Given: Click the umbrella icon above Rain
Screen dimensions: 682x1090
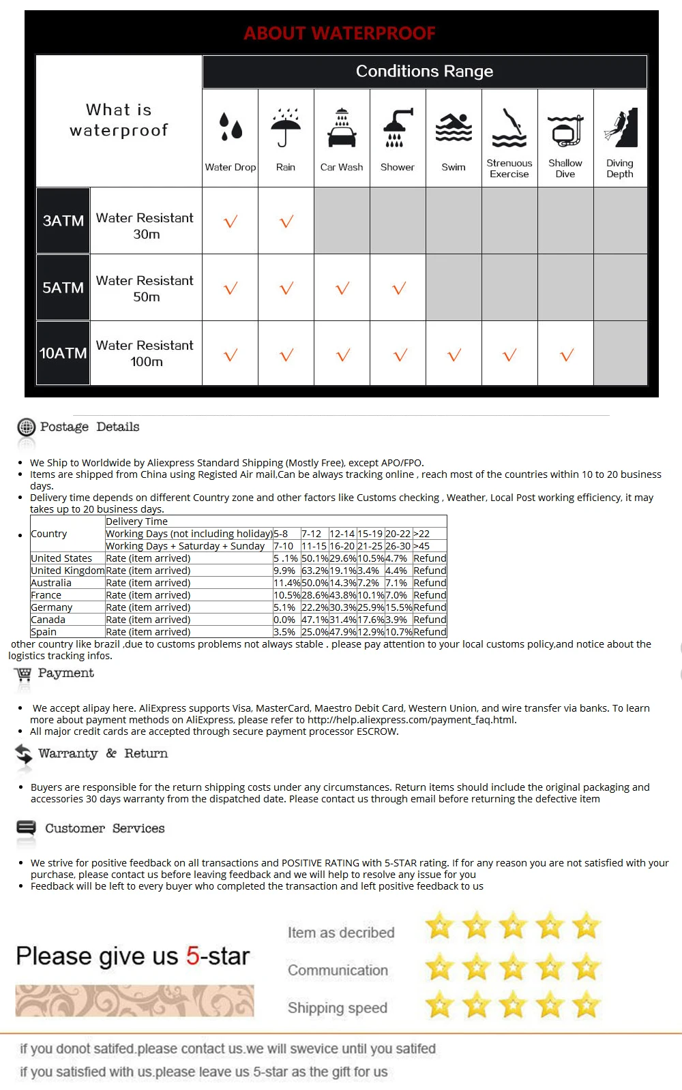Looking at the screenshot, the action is coord(286,127).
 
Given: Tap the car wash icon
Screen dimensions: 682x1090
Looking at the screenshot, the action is coord(342,127).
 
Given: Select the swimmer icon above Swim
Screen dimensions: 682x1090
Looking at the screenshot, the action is coord(454,127).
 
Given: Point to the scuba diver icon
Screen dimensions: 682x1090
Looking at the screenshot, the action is coord(621,127).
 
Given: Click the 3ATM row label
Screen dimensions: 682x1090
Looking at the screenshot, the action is coord(63,220).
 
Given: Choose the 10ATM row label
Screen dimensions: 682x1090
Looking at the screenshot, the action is coord(63,353).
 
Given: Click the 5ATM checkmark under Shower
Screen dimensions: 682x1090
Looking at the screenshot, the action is coord(399,288).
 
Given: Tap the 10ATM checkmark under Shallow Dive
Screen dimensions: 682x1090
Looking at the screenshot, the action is coord(567,354).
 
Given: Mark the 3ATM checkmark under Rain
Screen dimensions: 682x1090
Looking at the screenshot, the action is coord(286,222).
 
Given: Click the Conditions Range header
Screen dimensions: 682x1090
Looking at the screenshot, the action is coord(424,71).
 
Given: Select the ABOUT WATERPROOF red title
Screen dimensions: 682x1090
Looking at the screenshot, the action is coord(340,33).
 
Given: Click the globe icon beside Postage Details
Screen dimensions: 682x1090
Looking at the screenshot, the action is coord(27,427).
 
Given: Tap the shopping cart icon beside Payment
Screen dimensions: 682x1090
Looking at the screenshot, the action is coord(23,674).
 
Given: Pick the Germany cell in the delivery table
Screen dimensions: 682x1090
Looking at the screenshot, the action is coord(52,607).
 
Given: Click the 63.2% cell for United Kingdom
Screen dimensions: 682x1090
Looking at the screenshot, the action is coord(314,571).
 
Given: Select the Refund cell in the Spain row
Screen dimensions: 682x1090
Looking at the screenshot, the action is coord(430,632).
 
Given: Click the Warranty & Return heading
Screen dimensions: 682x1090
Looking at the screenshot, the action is coord(103,753).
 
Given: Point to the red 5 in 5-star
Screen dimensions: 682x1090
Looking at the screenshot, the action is coord(193,956).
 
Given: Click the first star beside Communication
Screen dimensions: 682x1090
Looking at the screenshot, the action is coord(440,967).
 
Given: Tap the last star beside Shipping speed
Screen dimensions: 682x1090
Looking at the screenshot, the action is coord(586,1005).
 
